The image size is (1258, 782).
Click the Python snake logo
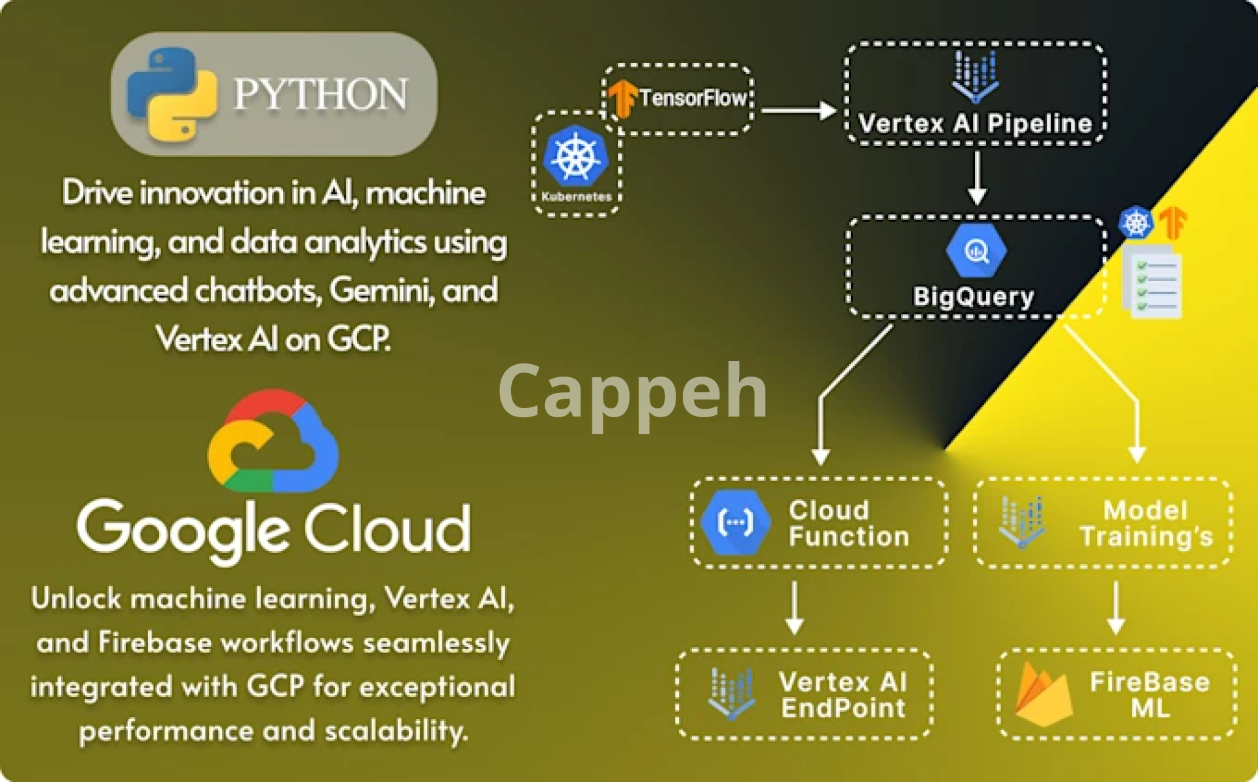point(172,94)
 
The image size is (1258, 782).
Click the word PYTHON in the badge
point(320,94)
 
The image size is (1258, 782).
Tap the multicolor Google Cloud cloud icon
point(273,441)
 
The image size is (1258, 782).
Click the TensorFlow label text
point(693,98)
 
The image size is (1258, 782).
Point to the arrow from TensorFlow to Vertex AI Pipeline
point(797,110)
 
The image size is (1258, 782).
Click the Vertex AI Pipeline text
point(975,123)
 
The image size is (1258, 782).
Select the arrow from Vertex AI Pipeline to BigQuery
point(977,177)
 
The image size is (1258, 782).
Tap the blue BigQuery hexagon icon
point(976,251)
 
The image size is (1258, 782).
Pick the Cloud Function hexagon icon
point(735,523)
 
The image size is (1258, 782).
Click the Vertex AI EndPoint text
point(843,695)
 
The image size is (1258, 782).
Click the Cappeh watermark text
point(632,392)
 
